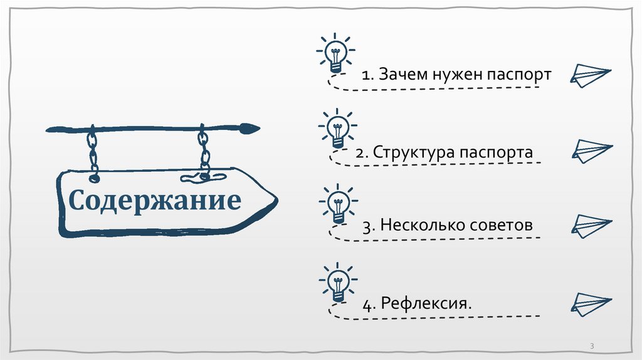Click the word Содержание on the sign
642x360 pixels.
(155, 201)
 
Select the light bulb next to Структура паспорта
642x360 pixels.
(337, 129)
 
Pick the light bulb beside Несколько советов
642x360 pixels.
(338, 205)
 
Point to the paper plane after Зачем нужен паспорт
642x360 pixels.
(589, 75)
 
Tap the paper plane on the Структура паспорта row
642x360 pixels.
(591, 151)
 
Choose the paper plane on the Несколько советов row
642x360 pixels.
(591, 224)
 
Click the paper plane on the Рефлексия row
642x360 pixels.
(591, 302)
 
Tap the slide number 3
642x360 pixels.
(592, 347)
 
